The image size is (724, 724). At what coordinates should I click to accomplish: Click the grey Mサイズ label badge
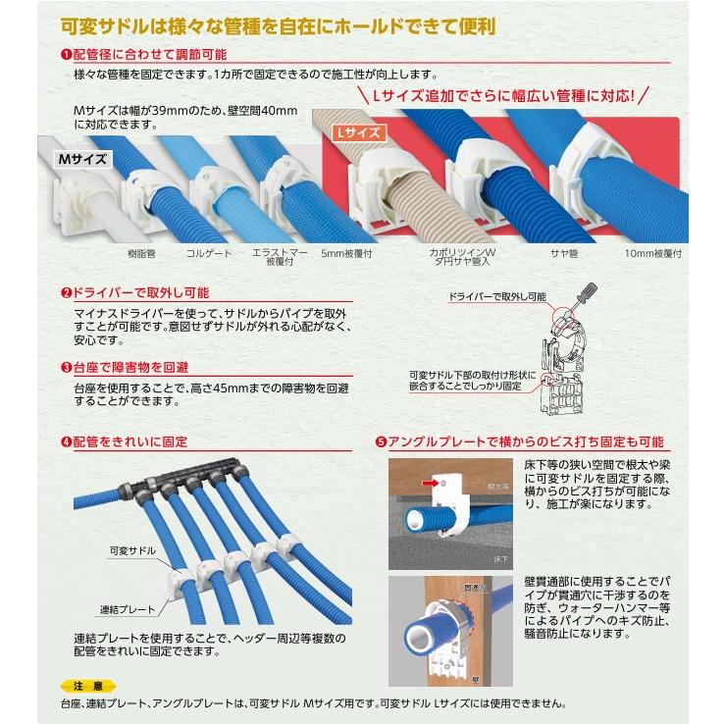81,158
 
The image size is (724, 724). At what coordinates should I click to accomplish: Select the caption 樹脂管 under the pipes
143,253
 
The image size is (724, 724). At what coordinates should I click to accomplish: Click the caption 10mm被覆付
652,253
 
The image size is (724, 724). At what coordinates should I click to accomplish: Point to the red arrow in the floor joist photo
427,483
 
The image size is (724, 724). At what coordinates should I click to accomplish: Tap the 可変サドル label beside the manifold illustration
127,552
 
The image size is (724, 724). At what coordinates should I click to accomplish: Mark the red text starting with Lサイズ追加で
501,95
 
